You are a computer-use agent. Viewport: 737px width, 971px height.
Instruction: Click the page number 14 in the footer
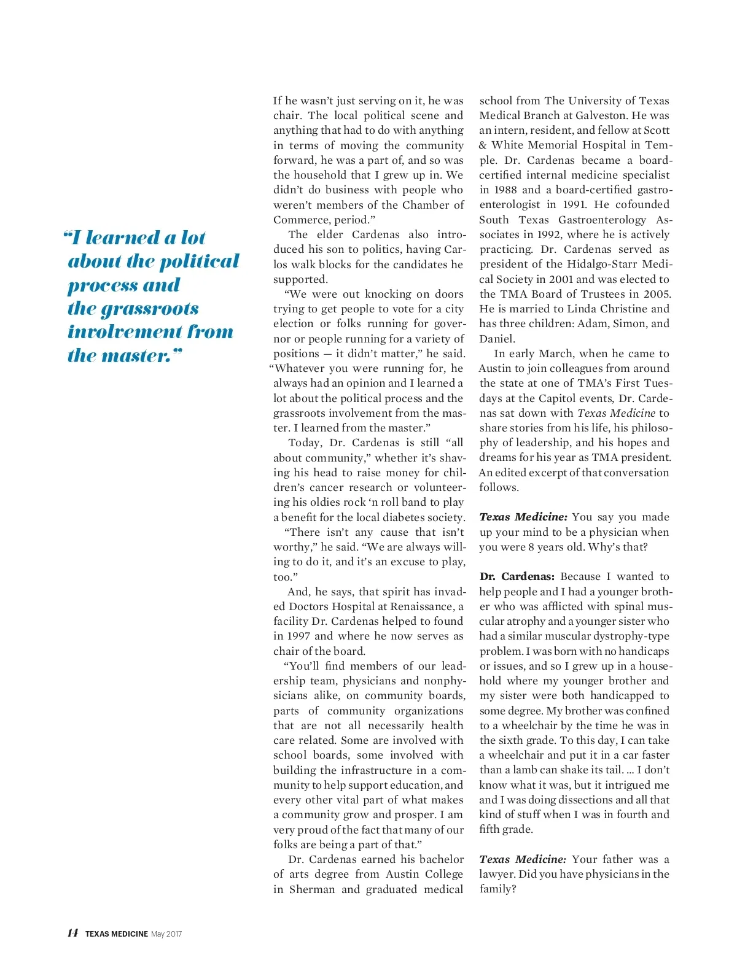pos(72,933)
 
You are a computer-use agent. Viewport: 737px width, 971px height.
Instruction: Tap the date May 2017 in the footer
pos(166,934)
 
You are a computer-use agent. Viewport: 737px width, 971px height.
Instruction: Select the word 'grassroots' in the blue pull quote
pos(133,309)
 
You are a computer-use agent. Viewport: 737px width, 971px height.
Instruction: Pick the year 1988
pos(504,190)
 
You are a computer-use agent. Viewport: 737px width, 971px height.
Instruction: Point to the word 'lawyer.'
pos(498,874)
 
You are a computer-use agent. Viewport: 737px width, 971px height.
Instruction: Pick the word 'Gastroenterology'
pos(602,220)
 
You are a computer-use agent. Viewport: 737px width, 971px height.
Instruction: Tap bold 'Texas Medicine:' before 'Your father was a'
pos(522,859)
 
